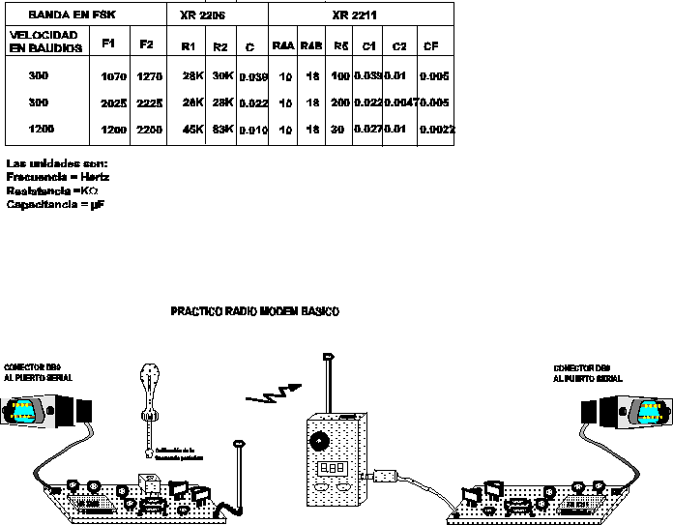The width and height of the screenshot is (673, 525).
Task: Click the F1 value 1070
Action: tap(113, 76)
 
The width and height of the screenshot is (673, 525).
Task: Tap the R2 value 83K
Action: tap(221, 129)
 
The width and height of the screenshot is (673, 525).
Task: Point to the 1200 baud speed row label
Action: tap(40, 128)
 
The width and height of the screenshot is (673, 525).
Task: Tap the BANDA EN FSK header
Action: tap(67, 16)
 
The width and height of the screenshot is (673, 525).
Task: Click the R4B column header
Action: tap(310, 45)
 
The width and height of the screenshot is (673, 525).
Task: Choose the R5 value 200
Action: tap(340, 102)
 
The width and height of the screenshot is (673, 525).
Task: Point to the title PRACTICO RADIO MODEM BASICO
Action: tap(255, 311)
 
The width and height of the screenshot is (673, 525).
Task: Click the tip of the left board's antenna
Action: tap(239, 445)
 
